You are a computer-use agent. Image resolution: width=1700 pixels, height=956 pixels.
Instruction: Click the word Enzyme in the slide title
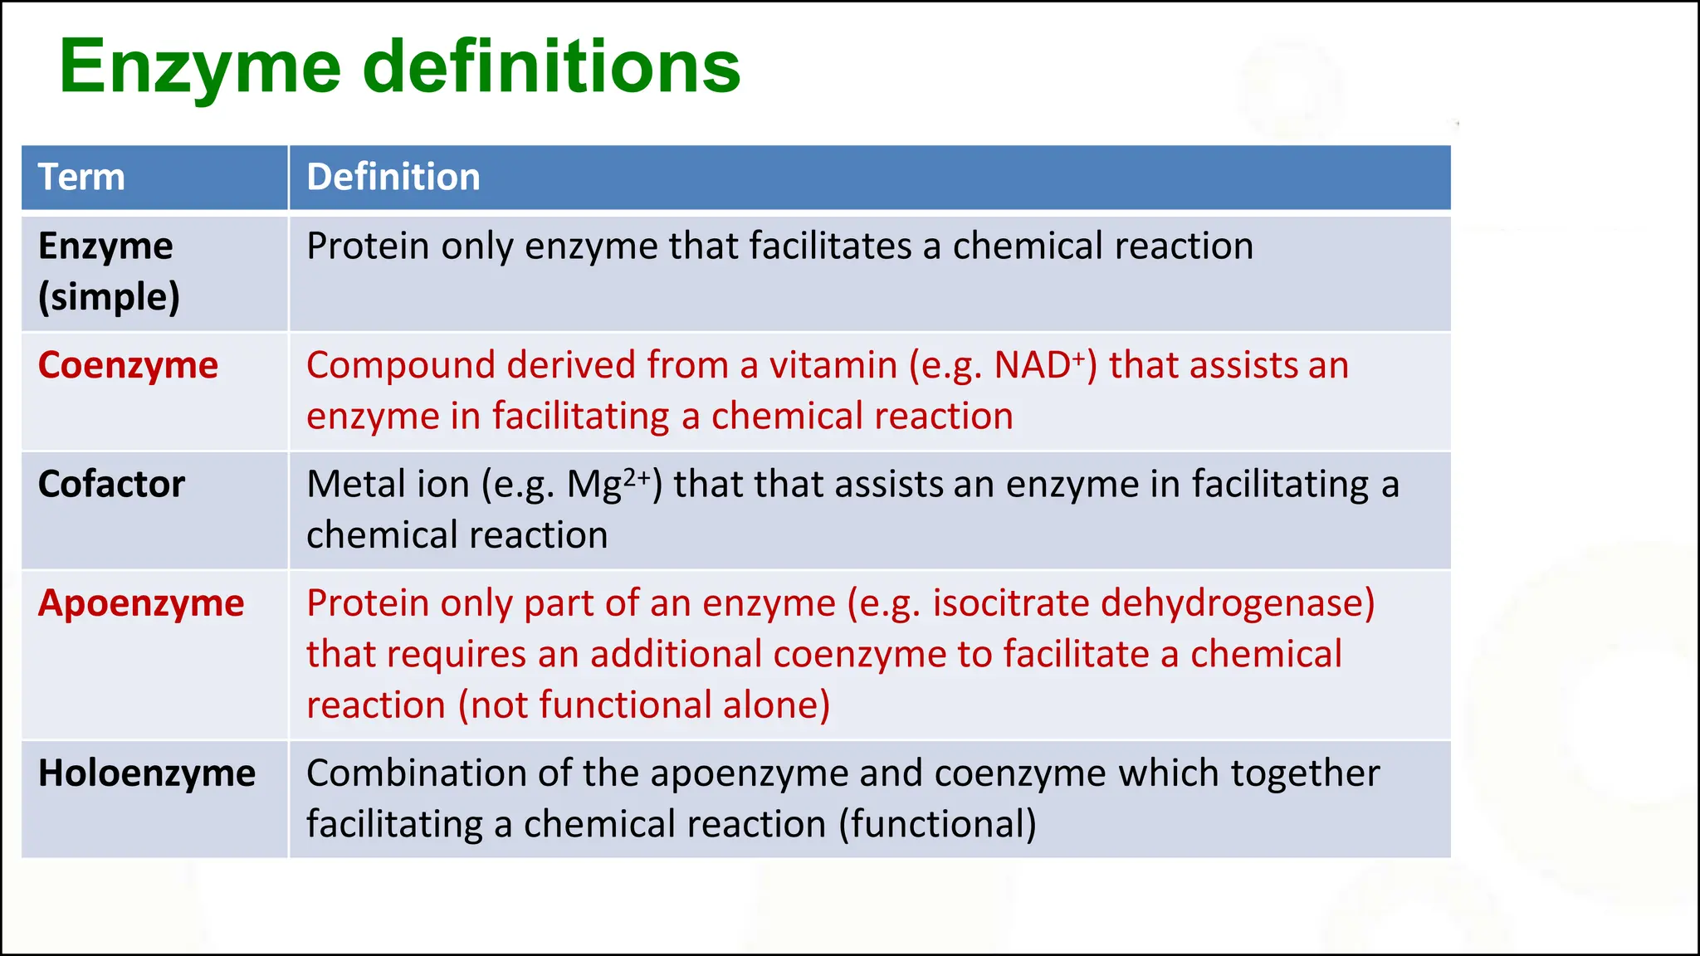(200, 68)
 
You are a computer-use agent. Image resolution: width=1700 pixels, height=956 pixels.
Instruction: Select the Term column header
(81, 177)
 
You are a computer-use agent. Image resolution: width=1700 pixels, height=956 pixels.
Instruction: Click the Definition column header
(393, 177)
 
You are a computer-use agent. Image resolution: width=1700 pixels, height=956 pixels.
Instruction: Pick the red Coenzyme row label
(128, 365)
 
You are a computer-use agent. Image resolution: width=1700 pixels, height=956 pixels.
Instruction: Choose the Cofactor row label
(111, 484)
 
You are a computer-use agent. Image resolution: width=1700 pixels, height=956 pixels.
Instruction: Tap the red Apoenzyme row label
(141, 603)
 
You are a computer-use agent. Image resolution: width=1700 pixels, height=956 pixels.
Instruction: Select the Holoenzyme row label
(147, 773)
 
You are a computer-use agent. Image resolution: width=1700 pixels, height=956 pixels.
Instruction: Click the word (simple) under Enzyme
(109, 297)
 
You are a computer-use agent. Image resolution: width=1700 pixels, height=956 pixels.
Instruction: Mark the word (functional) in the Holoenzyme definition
(937, 825)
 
